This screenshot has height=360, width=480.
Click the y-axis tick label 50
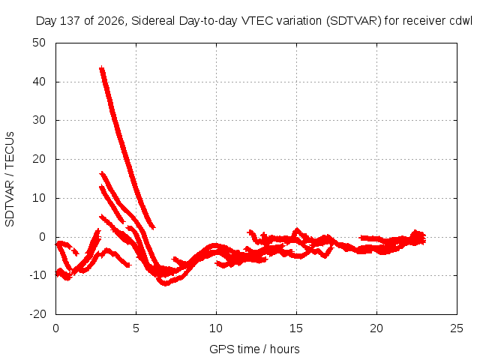pos(39,43)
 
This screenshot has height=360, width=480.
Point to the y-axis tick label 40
pos(39,82)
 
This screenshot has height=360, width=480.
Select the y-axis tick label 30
pos(39,120)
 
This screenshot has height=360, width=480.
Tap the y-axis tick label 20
pos(39,159)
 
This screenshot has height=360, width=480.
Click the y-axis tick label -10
pos(37,275)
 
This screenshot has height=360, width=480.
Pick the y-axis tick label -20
pos(37,314)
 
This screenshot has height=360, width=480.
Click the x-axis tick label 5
pos(136,328)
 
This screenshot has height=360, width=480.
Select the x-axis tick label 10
pos(216,328)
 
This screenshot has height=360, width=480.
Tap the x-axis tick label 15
pos(296,328)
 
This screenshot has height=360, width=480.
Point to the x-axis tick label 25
pos(457,328)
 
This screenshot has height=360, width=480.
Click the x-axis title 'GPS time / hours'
pos(254,349)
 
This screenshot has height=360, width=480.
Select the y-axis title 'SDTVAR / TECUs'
pos(10,179)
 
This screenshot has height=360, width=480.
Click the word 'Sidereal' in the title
pos(153,21)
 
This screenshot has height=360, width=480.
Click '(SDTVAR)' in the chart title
pos(353,21)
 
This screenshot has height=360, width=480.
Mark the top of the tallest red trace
pos(102,67)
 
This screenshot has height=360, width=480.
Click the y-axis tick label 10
pos(39,198)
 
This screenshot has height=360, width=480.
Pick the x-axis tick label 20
pos(376,328)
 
